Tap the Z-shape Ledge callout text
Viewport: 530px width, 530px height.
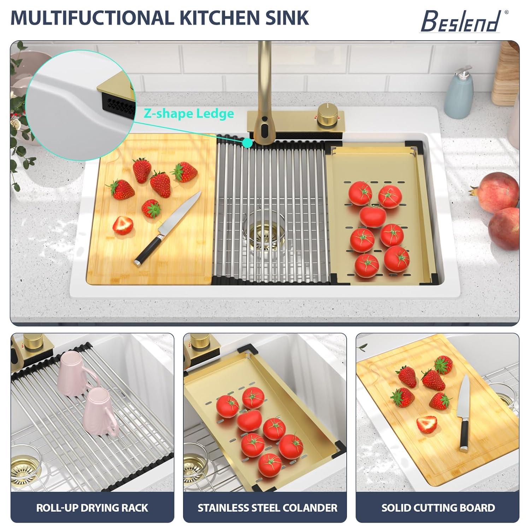[x=189, y=113]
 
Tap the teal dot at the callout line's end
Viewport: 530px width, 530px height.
[x=248, y=143]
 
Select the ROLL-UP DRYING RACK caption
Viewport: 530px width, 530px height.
[x=92, y=508]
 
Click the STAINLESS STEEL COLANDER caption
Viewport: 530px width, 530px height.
[x=267, y=508]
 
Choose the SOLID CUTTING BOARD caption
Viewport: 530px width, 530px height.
[x=438, y=508]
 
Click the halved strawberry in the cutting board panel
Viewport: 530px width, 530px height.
[x=426, y=424]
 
